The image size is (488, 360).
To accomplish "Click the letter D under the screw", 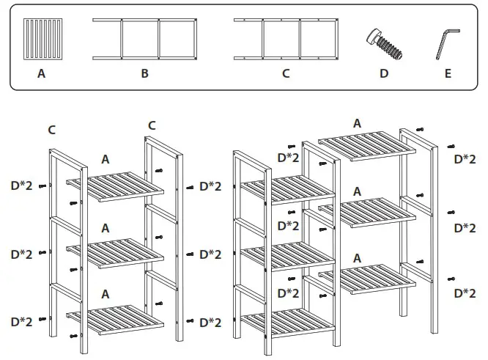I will click(384, 73).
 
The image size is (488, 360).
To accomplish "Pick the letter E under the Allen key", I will click(448, 73).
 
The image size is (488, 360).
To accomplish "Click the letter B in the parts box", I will click(144, 73).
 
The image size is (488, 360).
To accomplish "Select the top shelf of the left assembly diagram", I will click(114, 186).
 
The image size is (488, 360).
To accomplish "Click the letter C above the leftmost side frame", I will click(52, 130).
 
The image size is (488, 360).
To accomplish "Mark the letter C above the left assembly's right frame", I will click(152, 125).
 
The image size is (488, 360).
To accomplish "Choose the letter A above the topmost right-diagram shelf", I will click(357, 123).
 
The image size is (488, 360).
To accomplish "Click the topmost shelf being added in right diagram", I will click(366, 145).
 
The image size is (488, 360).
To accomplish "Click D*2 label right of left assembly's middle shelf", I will click(210, 254).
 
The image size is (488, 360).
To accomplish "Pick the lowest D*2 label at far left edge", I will click(21, 321).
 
